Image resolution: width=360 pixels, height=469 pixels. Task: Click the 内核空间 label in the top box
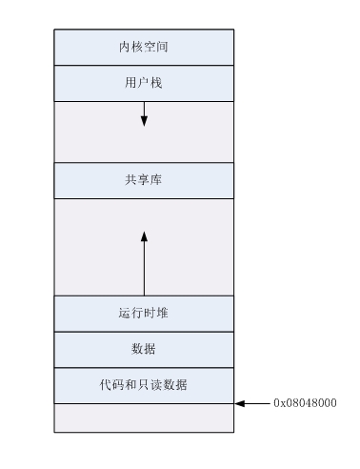pos(144,46)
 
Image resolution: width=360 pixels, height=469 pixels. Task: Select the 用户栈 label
pos(144,82)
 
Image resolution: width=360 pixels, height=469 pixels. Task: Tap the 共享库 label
pos(144,179)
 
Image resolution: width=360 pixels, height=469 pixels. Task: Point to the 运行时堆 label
pos(144,313)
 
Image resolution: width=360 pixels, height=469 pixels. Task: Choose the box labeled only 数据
pos(144,348)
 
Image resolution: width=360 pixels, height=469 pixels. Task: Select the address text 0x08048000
pos(305,403)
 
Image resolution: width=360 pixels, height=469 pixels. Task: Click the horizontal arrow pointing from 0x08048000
pos(253,403)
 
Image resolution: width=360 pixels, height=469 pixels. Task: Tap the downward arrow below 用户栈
pos(144,113)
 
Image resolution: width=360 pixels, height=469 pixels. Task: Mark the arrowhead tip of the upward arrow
pos(144,231)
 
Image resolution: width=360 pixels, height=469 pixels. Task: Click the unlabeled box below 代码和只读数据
pos(144,418)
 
